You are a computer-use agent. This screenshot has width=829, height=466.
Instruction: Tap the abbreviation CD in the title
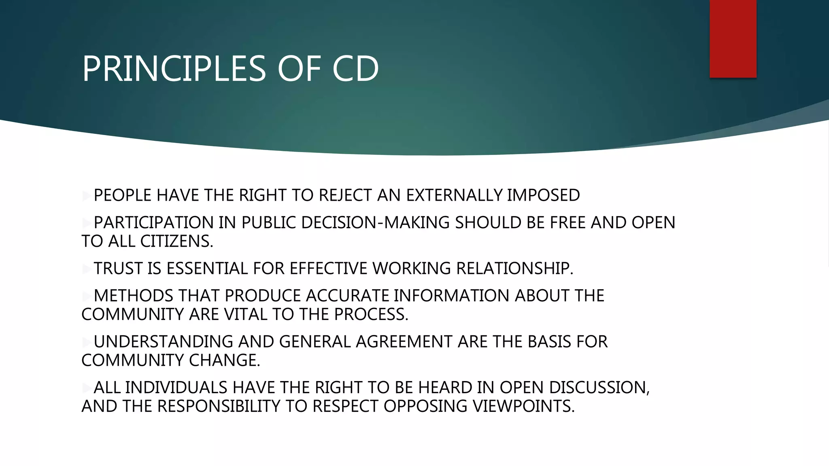(x=355, y=69)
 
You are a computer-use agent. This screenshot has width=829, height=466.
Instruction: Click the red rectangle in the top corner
(x=733, y=38)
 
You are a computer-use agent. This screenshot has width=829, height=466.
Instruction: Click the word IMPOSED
(x=543, y=195)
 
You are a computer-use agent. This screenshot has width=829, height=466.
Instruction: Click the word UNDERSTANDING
(x=163, y=342)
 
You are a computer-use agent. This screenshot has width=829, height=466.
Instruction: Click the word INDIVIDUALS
(x=176, y=388)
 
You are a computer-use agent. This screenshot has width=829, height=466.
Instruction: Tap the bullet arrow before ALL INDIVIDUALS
(x=86, y=388)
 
